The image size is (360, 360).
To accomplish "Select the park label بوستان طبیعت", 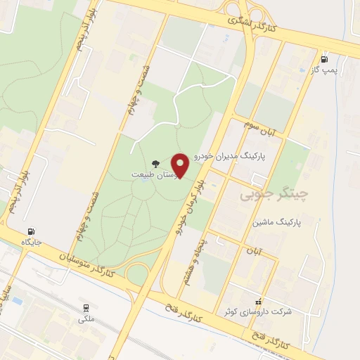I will coord(151,173).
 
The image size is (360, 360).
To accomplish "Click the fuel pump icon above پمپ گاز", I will coord(323,60).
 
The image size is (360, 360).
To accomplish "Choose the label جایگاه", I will coord(32,242).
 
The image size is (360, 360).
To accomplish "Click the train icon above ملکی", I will coord(86,308).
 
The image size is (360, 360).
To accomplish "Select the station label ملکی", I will coord(86,318).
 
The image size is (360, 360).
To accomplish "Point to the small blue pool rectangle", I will coord(18,301).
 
